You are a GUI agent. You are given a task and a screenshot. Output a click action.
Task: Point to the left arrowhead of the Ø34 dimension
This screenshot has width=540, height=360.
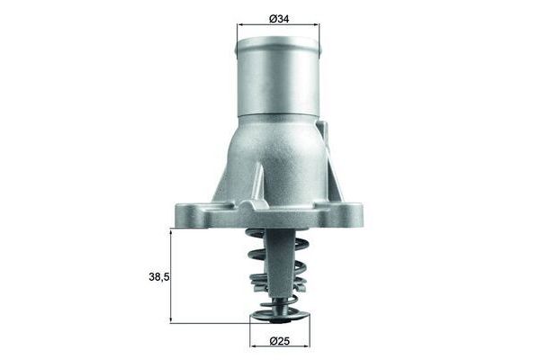pos(240,26)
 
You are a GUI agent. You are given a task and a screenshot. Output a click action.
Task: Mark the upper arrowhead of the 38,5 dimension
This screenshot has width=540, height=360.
pos(170,231)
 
